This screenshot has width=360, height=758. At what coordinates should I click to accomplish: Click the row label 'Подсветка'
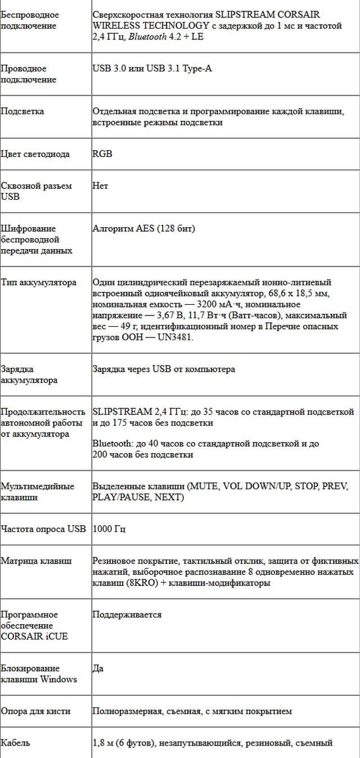[22, 111]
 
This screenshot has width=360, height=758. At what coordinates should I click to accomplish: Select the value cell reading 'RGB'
[102, 154]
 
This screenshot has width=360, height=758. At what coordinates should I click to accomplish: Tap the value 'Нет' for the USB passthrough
[100, 186]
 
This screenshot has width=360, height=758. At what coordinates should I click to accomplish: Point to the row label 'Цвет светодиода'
[35, 154]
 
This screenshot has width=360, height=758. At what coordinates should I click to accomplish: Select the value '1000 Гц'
[109, 529]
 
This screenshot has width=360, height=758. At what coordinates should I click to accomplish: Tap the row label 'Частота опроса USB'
[43, 529]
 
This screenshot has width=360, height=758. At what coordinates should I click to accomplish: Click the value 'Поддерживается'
[127, 615]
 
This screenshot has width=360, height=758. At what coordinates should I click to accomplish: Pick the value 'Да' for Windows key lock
[98, 669]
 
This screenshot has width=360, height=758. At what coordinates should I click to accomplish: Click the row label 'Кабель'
[15, 743]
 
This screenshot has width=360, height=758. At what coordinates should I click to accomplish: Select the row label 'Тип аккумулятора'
[38, 282]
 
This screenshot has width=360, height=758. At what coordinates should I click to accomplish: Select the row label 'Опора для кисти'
[35, 711]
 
